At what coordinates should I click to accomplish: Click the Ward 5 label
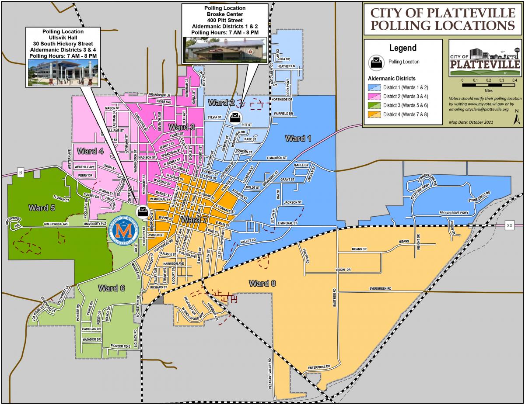(42, 208)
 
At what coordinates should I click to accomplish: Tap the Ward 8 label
(262, 283)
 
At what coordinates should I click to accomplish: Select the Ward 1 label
(298, 138)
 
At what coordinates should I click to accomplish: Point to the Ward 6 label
(111, 288)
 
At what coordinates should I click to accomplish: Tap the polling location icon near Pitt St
(235, 117)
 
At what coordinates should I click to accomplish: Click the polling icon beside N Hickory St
(142, 212)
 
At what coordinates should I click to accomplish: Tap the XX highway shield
(509, 225)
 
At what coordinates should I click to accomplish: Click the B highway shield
(20, 172)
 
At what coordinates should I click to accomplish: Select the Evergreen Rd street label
(380, 289)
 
